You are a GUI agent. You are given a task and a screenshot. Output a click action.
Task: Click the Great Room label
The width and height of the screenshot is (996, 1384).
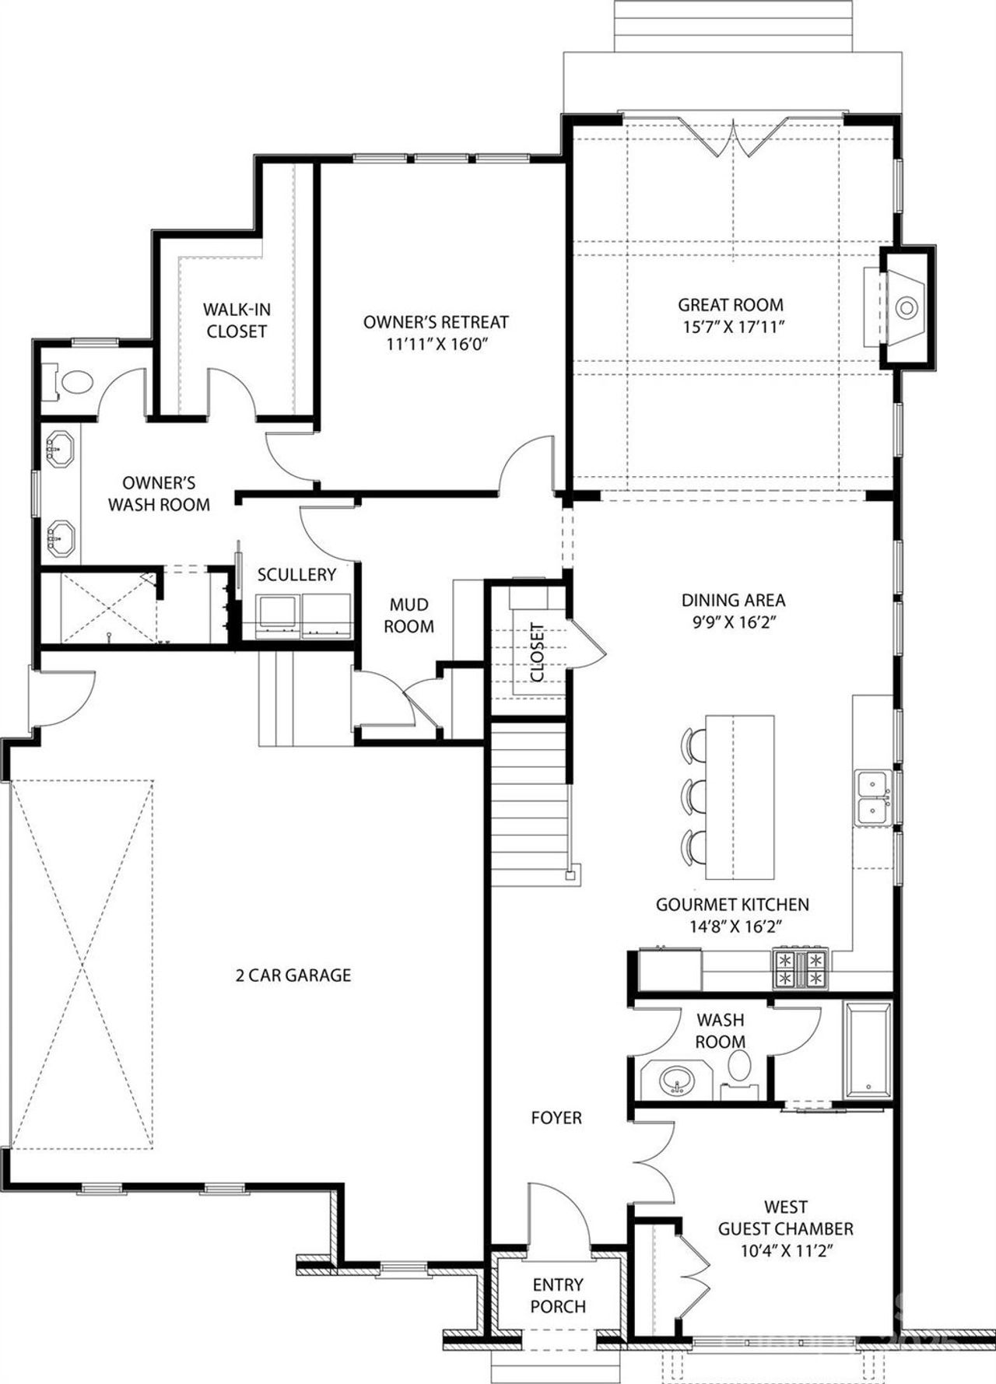730,305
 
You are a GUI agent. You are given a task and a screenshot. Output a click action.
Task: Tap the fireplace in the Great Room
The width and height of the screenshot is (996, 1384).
905,308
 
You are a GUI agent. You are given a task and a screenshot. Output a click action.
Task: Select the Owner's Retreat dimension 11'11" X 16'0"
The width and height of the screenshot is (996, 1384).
436,344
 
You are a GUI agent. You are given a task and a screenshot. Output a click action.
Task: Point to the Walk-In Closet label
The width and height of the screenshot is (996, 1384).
237,321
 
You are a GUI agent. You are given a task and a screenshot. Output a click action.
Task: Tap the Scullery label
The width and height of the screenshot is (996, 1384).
296,575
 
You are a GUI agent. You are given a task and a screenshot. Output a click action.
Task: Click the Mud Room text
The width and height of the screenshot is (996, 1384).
409,615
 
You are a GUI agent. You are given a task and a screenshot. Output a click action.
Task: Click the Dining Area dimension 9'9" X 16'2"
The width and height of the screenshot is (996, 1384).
733,622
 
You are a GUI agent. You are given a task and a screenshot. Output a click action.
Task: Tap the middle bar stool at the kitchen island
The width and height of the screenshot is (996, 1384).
693,796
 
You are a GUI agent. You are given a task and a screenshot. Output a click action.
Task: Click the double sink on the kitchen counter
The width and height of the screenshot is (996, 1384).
874,798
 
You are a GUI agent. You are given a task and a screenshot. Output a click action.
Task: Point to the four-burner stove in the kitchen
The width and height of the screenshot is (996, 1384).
800,968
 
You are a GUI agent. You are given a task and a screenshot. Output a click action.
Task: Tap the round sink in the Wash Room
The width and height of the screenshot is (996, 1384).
675,1081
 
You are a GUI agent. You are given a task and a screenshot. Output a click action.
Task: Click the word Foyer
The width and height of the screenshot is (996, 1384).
556,1118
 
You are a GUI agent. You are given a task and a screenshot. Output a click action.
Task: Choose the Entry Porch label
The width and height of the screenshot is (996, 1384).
558,1296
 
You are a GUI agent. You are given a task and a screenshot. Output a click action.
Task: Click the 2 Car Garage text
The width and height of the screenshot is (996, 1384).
293,975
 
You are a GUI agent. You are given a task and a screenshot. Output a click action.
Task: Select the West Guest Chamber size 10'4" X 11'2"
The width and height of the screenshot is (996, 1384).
785,1251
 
